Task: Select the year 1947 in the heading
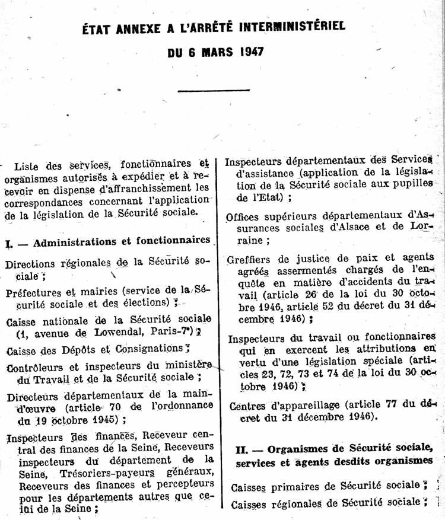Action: tap(252, 51)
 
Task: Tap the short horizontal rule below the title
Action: tap(205, 90)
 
